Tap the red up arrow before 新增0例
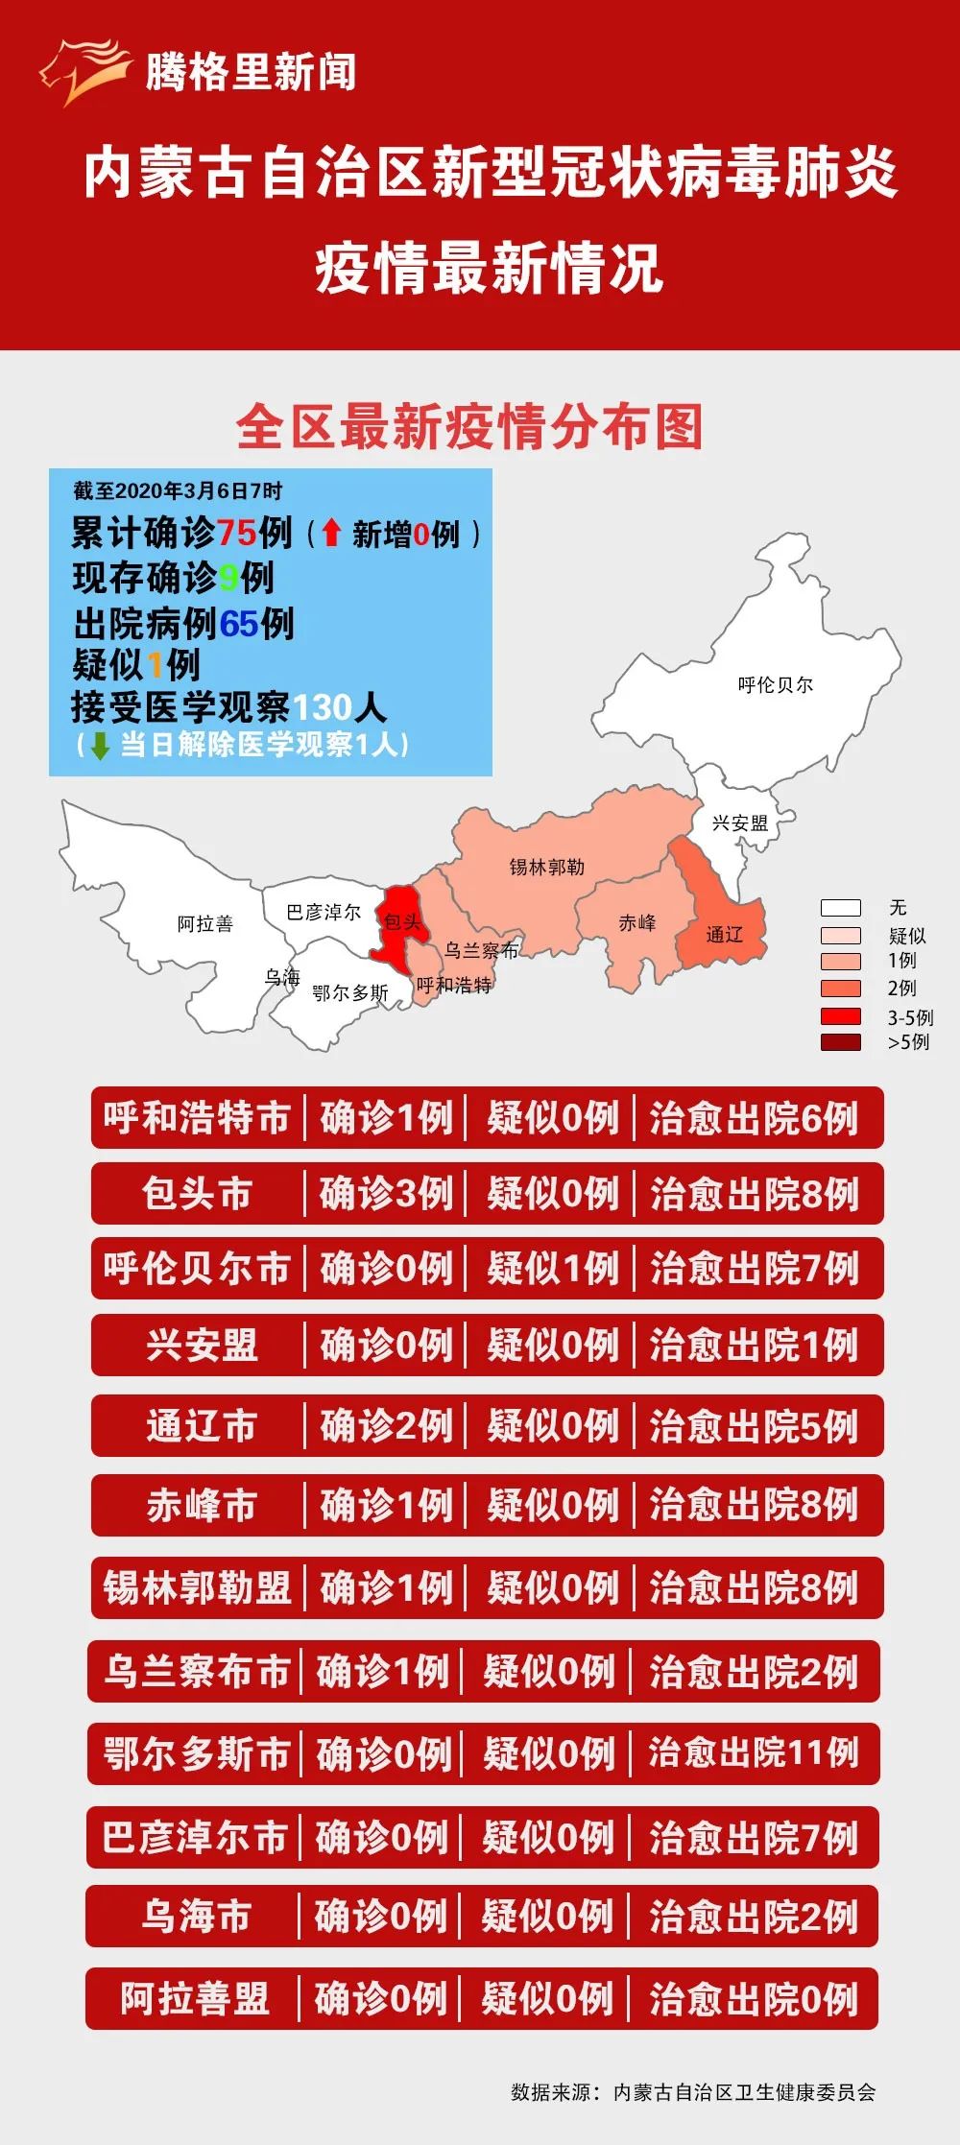(x=331, y=533)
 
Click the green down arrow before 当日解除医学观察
(x=100, y=746)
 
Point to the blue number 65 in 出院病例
(x=239, y=625)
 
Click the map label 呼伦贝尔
(x=775, y=684)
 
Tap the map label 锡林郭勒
(x=546, y=867)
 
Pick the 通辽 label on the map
(x=724, y=934)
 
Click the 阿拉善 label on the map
(x=204, y=923)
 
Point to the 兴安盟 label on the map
(x=740, y=822)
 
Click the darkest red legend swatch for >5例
(x=840, y=1042)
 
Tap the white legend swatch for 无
(x=840, y=908)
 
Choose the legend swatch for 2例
(x=840, y=989)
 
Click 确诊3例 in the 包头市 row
(x=385, y=1194)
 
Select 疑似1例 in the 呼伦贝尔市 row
(x=552, y=1269)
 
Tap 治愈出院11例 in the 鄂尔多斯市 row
(x=754, y=1753)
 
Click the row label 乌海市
(x=196, y=1917)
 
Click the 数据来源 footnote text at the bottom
(x=692, y=2092)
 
